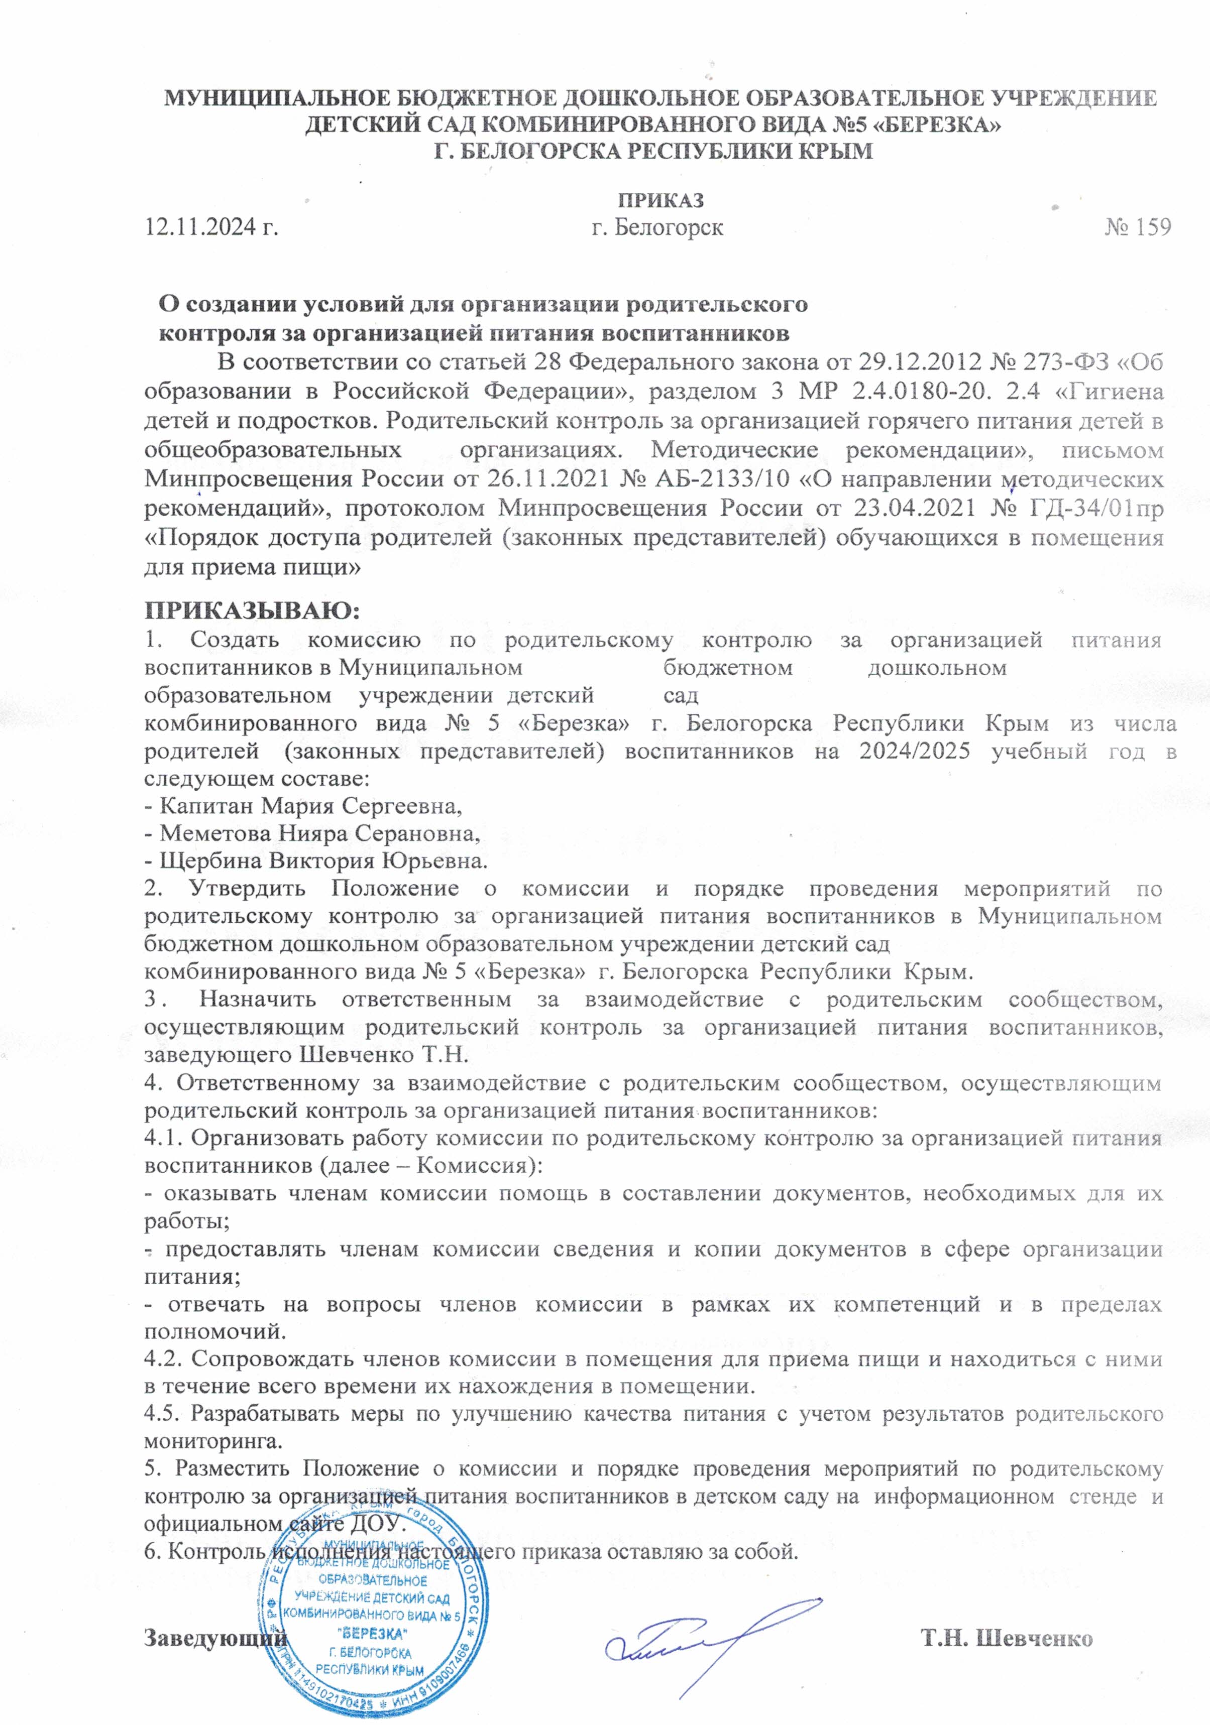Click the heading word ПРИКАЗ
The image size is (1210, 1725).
[x=661, y=201]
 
